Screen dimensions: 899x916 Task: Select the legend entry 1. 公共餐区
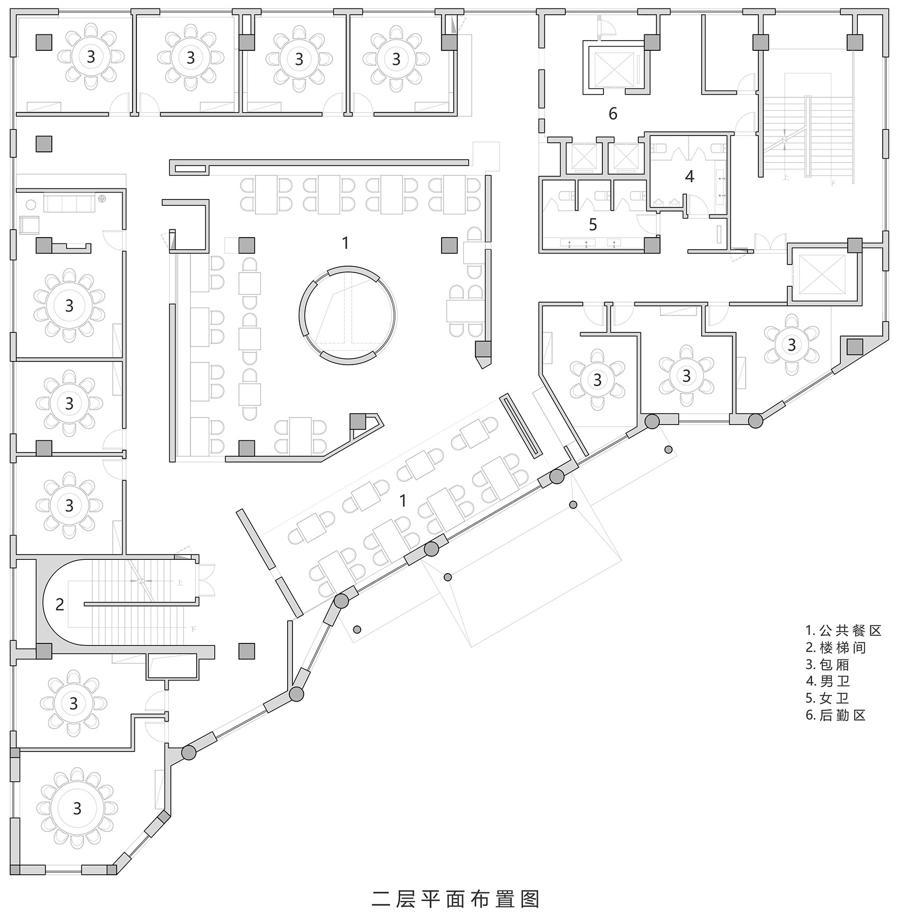click(x=844, y=630)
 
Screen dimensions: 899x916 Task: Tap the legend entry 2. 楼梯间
click(x=836, y=647)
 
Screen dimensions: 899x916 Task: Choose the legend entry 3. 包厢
click(x=828, y=664)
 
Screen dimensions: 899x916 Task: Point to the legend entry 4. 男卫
click(x=828, y=681)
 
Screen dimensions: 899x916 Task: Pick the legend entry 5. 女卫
click(x=828, y=698)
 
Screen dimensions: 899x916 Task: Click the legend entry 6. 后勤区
click(x=836, y=715)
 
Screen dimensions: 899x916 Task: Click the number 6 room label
click(x=613, y=113)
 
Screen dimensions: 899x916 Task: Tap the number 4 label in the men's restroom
click(x=690, y=176)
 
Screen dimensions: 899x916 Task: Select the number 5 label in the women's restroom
click(x=593, y=224)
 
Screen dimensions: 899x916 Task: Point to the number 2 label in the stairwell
click(x=60, y=604)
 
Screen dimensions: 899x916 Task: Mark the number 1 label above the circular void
click(x=345, y=243)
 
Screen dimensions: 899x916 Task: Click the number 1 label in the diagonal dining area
click(x=403, y=500)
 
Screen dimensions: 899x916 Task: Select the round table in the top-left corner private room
click(x=91, y=56)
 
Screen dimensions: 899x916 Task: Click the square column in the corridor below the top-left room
click(x=44, y=144)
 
